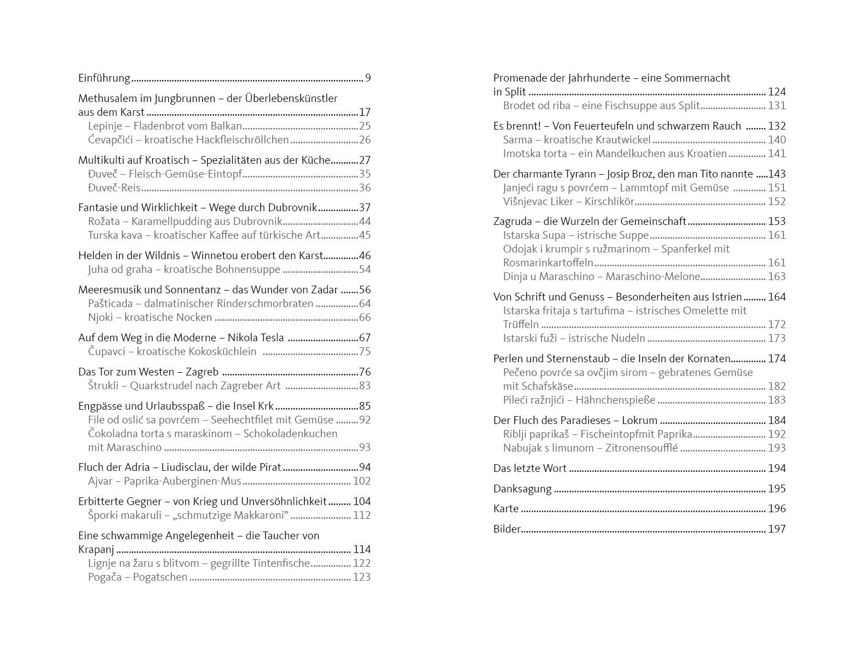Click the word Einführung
coord(104,78)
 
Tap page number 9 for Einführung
coord(368,78)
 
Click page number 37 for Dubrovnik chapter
coord(364,208)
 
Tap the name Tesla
coord(271,338)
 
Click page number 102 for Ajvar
coord(362,481)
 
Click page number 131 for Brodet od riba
coord(777,106)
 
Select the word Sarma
coord(518,140)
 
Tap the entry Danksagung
coord(522,489)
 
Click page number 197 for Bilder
coord(777,529)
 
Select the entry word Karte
coord(506,509)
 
